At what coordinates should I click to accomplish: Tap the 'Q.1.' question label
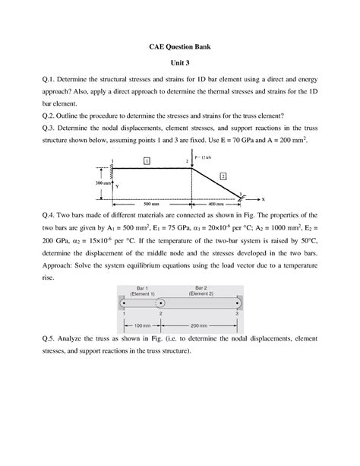pyautogui.click(x=33, y=80)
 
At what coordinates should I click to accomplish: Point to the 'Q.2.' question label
pyautogui.click(x=33, y=116)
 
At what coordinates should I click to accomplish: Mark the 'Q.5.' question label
pyautogui.click(x=33, y=339)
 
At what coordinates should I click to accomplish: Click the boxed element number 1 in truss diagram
pyautogui.click(x=147, y=160)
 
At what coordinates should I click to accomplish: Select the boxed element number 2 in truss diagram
pyautogui.click(x=223, y=176)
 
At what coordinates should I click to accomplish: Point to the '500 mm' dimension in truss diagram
pyautogui.click(x=151, y=204)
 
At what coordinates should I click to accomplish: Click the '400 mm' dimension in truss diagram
pyautogui.click(x=216, y=204)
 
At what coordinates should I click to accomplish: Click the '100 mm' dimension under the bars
pyautogui.click(x=142, y=326)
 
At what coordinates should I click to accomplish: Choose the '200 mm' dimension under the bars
pyautogui.click(x=201, y=326)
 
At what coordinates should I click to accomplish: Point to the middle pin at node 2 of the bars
pyautogui.click(x=160, y=303)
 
